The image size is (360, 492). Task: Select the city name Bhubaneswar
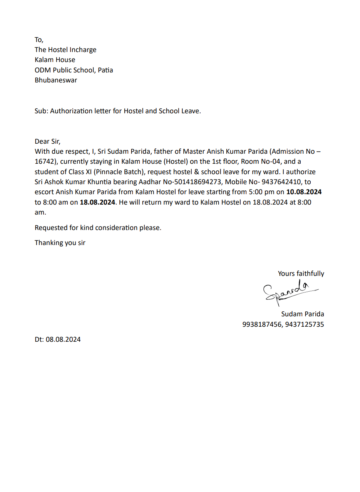click(x=56, y=80)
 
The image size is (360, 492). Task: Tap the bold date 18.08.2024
click(x=97, y=202)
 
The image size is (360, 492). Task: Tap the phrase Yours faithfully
click(x=301, y=274)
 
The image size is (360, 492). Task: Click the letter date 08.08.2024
click(x=63, y=339)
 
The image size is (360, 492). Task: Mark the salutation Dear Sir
click(x=47, y=141)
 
